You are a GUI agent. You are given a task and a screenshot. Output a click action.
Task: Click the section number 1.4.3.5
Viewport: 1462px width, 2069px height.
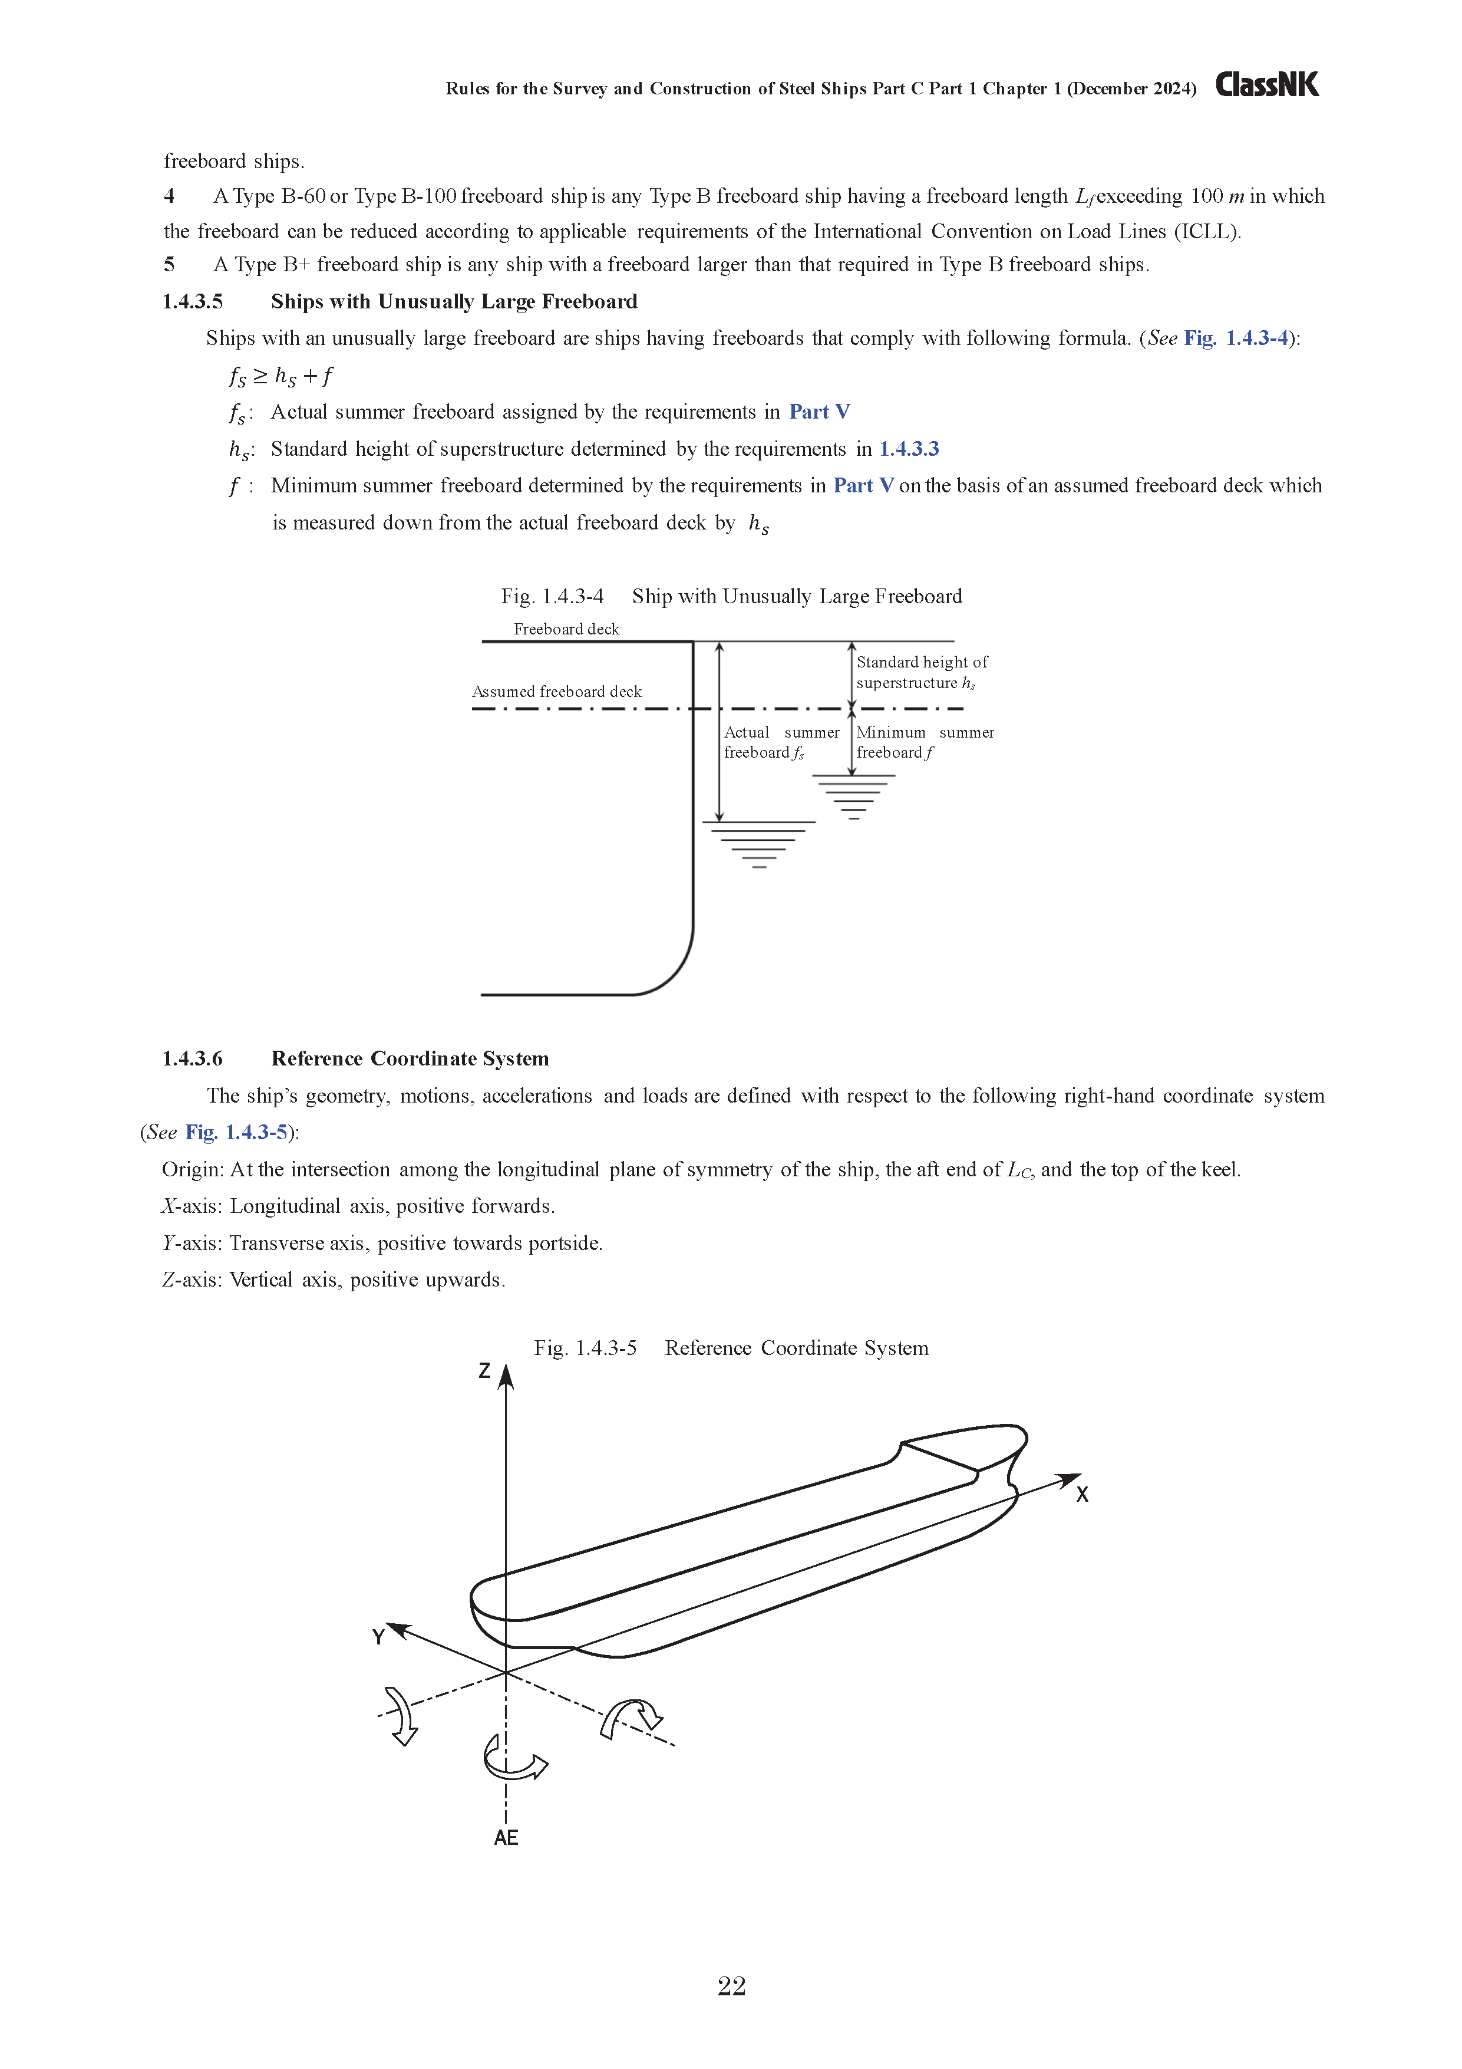(193, 302)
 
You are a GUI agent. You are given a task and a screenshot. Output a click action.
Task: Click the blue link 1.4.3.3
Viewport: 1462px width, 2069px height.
(909, 449)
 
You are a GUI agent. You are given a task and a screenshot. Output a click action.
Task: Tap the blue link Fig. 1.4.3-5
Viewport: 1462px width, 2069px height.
(236, 1133)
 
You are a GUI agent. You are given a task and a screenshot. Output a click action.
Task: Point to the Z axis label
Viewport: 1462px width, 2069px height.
(484, 1371)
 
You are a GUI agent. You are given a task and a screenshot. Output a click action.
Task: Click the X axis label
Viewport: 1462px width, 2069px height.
(1082, 1495)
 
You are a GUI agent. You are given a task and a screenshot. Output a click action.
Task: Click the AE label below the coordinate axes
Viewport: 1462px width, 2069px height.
(506, 1838)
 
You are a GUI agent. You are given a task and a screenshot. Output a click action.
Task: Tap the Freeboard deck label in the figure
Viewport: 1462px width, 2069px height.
(567, 629)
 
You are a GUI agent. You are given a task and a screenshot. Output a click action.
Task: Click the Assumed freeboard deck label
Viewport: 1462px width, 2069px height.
(557, 692)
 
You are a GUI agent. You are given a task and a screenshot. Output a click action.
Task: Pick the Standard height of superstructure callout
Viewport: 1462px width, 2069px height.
(920, 672)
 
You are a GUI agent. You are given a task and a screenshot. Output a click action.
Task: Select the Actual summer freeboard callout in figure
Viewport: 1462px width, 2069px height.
(780, 742)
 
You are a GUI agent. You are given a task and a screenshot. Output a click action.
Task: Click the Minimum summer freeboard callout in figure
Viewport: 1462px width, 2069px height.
(924, 742)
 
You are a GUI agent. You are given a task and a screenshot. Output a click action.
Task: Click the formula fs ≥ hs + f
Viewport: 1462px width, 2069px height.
(280, 376)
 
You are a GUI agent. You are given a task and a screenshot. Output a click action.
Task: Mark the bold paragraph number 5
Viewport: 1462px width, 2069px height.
(169, 265)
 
